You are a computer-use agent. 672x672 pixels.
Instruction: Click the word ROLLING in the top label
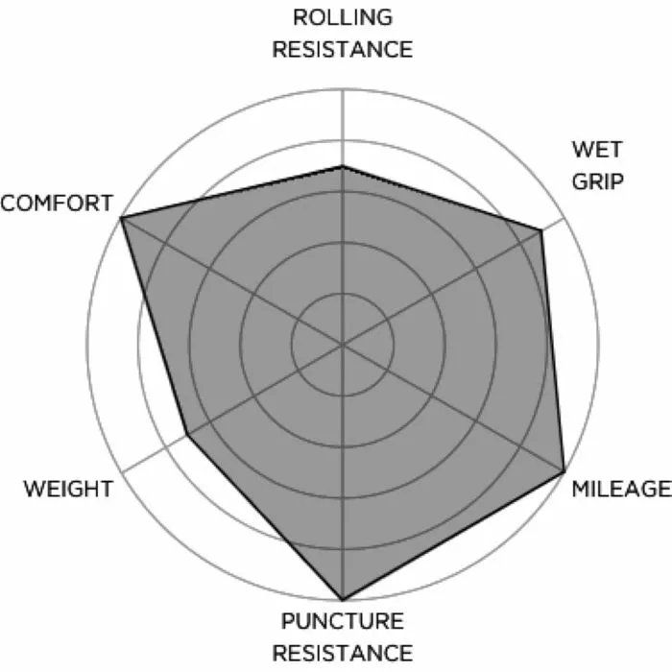pyautogui.click(x=343, y=18)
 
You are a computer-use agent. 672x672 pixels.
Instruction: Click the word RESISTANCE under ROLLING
pyautogui.click(x=343, y=49)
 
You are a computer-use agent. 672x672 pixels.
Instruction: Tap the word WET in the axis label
pyautogui.click(x=596, y=149)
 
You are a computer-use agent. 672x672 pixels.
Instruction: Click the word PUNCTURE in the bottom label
pyautogui.click(x=343, y=621)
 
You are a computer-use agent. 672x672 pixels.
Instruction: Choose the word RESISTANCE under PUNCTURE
pyautogui.click(x=343, y=653)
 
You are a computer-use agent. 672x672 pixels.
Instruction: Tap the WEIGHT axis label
pyautogui.click(x=67, y=489)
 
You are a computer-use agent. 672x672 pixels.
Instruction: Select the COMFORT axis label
pyautogui.click(x=57, y=203)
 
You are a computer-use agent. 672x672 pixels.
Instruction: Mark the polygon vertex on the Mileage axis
pyautogui.click(x=564, y=472)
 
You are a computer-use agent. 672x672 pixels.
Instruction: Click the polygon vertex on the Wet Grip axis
pyautogui.click(x=541, y=230)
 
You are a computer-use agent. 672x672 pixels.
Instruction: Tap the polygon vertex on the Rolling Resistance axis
pyautogui.click(x=343, y=167)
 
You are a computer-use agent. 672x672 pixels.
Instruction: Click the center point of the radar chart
pyautogui.click(x=343, y=344)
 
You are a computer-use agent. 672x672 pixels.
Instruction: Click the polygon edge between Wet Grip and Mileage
pyautogui.click(x=553, y=351)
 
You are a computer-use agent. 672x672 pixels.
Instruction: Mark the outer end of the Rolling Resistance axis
pyautogui.click(x=343, y=88)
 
